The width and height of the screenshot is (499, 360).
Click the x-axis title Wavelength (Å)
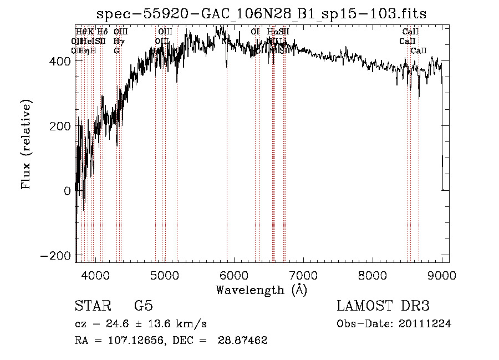click(261, 290)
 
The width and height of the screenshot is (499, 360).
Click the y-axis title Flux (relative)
click(26, 144)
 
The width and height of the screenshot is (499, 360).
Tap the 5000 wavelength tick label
click(165, 275)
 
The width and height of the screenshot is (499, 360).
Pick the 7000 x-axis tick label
click(303, 275)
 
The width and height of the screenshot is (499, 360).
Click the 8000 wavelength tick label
click(373, 275)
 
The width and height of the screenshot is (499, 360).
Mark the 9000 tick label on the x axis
click(442, 275)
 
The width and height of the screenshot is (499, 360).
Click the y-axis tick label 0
click(67, 191)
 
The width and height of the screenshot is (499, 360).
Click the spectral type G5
click(143, 306)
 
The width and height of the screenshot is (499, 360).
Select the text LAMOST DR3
click(383, 306)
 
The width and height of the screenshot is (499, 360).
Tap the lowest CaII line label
click(419, 51)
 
